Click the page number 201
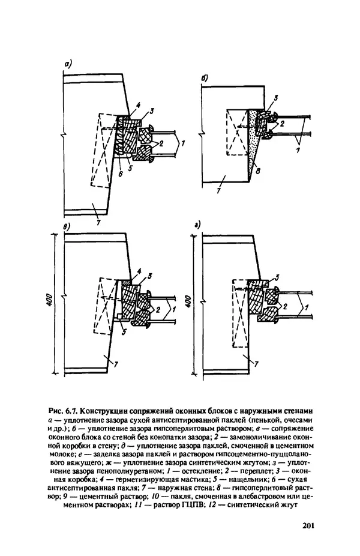[308, 525]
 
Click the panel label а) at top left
[67, 64]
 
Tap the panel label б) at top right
[205, 79]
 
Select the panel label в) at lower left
[67, 226]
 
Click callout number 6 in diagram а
[121, 175]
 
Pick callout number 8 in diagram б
[258, 171]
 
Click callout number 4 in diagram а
[139, 105]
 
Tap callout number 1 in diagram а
[182, 144]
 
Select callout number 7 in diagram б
[218, 191]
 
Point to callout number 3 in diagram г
[277, 277]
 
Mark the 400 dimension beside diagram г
[188, 302]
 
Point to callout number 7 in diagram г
[256, 364]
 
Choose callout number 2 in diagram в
[158, 310]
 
